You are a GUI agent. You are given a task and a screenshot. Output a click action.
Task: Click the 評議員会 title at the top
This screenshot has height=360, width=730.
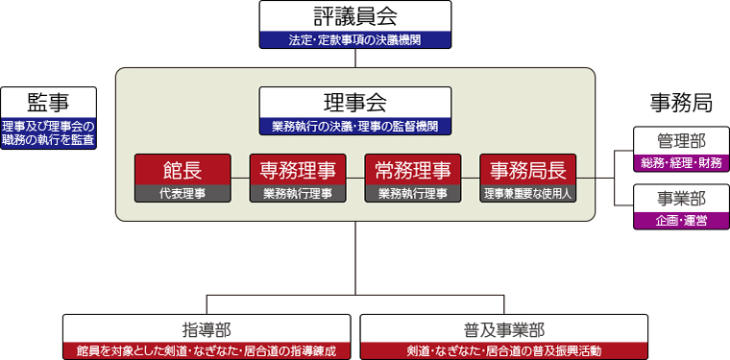pos(355,16)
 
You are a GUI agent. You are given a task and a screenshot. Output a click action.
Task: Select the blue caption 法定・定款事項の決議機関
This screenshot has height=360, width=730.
pos(355,40)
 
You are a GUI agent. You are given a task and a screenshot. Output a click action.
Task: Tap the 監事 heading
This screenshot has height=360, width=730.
pos(48,102)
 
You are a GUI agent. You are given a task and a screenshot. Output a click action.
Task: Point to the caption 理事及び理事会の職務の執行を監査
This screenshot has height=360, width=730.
pos(48,132)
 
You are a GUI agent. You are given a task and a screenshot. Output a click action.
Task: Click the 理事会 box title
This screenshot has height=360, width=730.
pos(355,102)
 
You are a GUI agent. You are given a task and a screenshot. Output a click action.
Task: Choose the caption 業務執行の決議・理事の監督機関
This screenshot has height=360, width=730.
pos(355,126)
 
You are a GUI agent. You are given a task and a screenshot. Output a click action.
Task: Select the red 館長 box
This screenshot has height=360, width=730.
pos(182,170)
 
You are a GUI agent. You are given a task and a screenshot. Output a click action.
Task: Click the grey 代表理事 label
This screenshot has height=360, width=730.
pos(182,194)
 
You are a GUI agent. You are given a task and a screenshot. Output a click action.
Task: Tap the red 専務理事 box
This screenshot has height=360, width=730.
pos(298,170)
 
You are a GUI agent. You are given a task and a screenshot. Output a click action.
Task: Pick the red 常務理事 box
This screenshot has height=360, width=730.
pos(413,170)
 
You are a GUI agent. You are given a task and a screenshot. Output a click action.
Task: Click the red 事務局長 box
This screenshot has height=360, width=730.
pos(528,170)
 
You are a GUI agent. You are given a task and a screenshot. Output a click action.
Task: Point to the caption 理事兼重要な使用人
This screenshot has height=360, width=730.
pos(528,194)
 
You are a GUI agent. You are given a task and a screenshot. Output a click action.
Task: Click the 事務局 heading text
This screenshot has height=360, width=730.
pos(681,102)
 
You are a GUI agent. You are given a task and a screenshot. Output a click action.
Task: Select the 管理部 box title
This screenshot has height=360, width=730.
pos(681,140)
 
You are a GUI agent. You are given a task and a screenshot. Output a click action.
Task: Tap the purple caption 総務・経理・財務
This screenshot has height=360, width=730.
pos(681,163)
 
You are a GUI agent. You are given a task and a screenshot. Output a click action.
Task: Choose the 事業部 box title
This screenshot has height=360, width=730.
pos(681,198)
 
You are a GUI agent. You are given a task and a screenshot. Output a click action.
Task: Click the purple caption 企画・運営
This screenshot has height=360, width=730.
pos(681,221)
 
